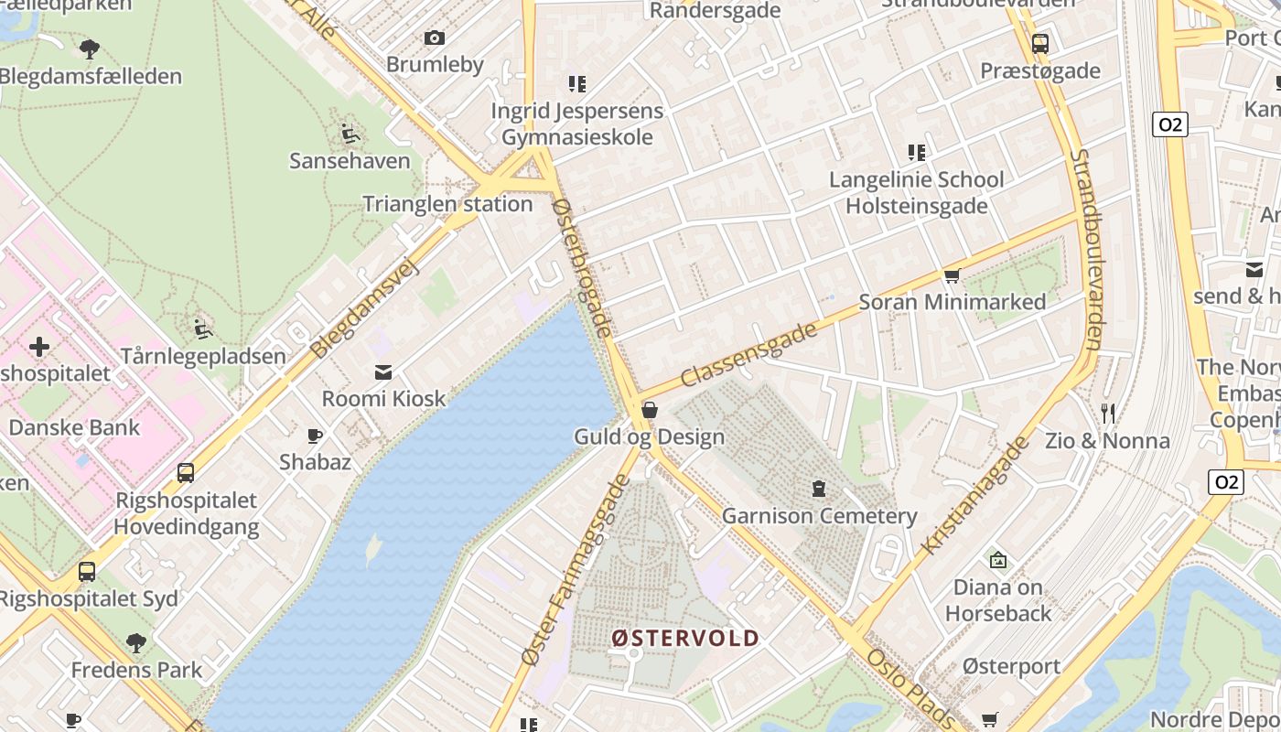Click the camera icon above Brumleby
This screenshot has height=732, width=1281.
coord(435,38)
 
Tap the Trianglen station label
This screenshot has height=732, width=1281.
coord(447,204)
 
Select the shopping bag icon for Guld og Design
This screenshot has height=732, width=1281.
coord(650,410)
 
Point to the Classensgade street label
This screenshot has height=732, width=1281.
coord(748,355)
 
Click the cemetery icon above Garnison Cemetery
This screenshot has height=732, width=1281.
coord(819,489)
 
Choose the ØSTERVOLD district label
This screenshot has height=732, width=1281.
coord(685,638)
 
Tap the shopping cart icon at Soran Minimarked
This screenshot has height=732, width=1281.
coord(952,275)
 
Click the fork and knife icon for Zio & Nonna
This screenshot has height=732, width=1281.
coord(1108,414)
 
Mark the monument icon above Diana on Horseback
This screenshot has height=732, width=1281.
coord(997,559)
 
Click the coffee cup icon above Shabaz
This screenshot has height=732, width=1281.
coord(315,436)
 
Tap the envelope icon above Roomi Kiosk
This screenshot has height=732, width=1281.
coord(383,371)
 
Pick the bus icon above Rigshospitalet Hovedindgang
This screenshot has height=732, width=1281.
coord(186,473)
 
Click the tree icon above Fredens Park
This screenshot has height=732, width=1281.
coord(136,643)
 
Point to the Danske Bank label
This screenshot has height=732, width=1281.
coord(74,427)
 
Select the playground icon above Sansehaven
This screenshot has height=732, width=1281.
coord(350,135)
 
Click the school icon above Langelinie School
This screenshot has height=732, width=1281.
coord(916,153)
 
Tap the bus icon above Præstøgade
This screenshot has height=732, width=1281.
coord(1040,43)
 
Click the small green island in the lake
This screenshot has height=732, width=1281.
coord(372,549)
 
